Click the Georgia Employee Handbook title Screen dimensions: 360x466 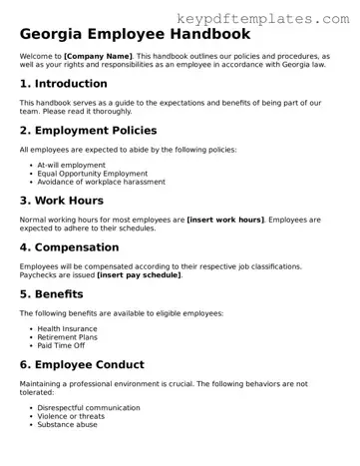coord(136,35)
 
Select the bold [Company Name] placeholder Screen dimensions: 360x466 coord(98,58)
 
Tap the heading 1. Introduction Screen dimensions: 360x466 coord(64,83)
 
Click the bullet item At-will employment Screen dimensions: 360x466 coord(72,164)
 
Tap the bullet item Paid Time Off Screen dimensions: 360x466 coord(62,345)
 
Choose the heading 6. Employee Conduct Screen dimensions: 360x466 coord(96,364)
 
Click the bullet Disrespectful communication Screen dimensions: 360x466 coord(89,407)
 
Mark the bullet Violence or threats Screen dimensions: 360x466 coord(73,416)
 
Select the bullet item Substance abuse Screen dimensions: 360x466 coord(69,425)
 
